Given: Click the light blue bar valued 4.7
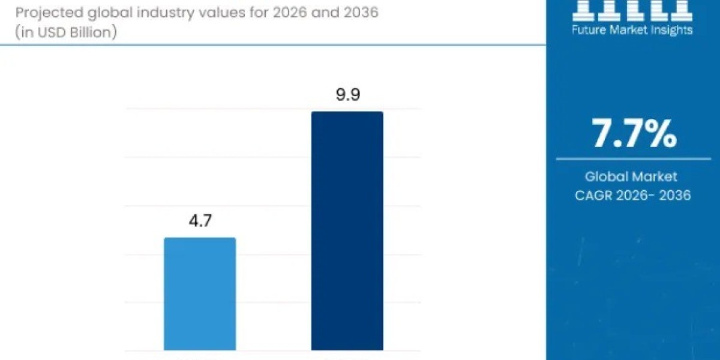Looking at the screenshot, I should pos(200,294).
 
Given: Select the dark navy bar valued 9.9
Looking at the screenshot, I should pos(347,231).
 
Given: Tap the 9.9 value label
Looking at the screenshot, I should pos(347,95).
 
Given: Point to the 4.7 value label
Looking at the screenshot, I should pos(200,221).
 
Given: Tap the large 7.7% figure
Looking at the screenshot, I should pos(634,134).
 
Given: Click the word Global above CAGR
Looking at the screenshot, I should pos(606,176).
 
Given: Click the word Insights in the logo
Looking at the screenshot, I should pos(671,29).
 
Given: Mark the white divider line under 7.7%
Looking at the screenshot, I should pos(633,159).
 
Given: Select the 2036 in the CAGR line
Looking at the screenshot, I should pos(674,195).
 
